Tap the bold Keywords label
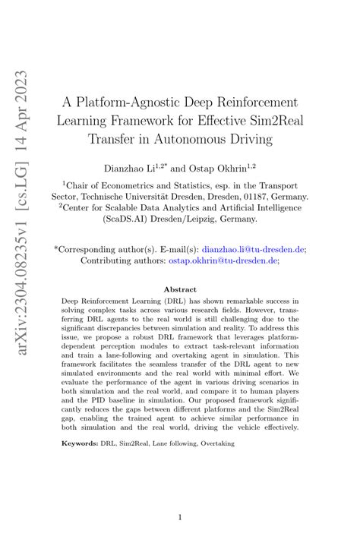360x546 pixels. click(81, 443)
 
